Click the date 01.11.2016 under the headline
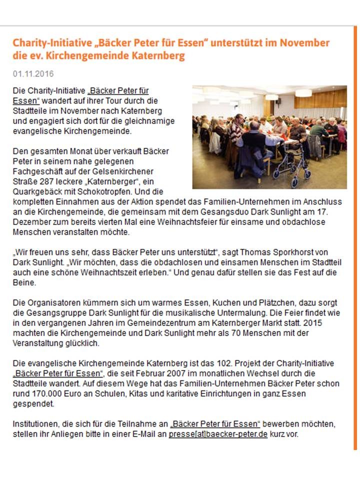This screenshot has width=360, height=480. [x=33, y=74]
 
